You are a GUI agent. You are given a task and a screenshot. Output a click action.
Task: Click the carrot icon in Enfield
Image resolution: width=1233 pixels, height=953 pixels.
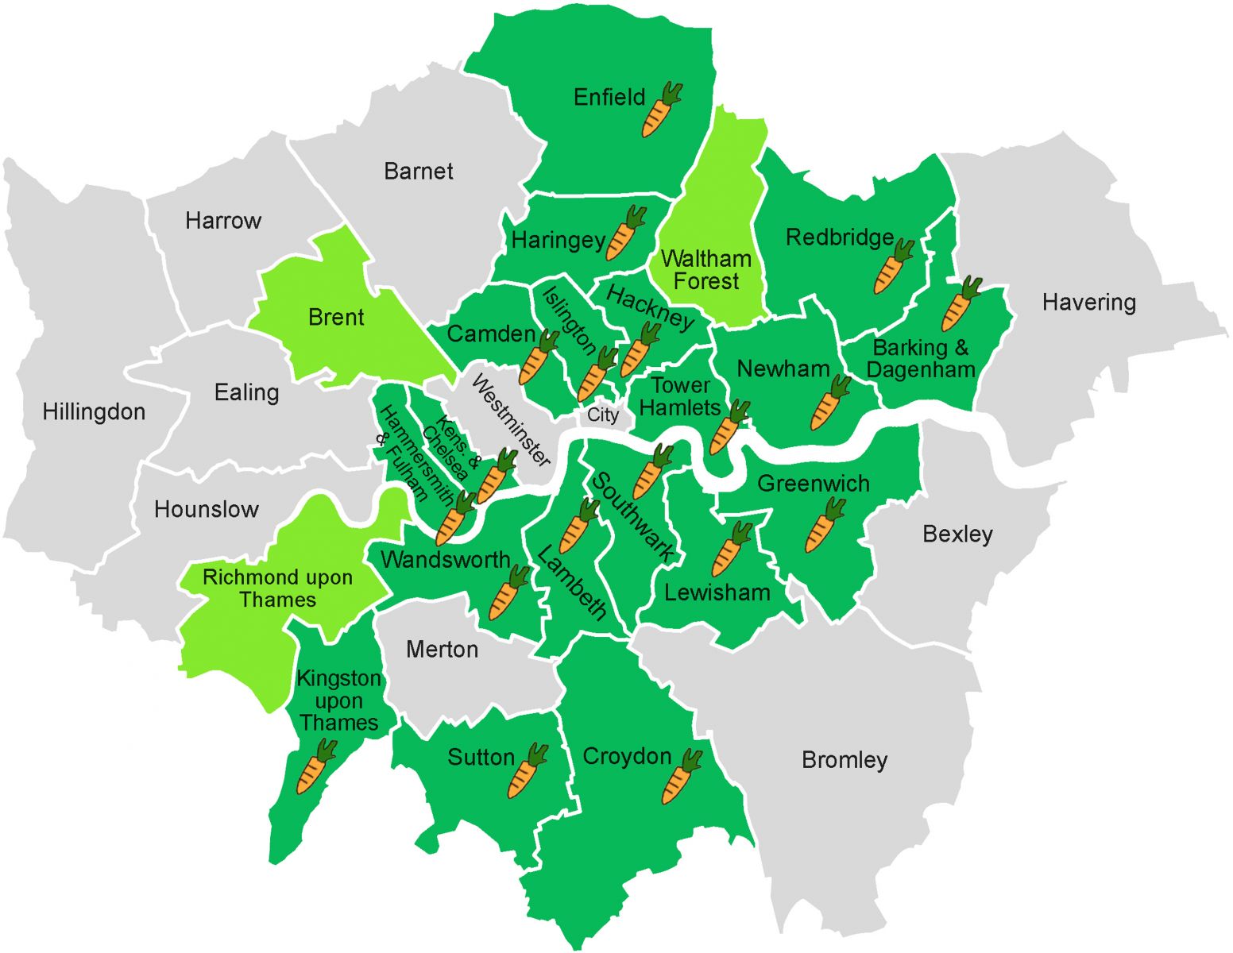click(661, 110)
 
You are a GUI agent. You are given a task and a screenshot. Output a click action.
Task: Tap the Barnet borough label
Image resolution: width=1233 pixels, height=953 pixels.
click(418, 172)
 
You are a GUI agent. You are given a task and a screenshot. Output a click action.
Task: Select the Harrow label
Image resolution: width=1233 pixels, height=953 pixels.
click(223, 221)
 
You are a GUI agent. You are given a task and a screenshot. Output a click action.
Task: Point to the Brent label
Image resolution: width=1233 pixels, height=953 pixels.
click(336, 318)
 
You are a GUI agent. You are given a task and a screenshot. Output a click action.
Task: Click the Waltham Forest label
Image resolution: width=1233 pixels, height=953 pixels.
click(705, 270)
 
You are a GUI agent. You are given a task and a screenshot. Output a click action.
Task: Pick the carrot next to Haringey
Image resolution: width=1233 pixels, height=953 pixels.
click(625, 233)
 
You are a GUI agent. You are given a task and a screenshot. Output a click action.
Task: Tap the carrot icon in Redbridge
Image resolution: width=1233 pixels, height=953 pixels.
click(893, 266)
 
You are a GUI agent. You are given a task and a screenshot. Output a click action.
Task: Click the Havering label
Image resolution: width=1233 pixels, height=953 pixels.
click(1088, 303)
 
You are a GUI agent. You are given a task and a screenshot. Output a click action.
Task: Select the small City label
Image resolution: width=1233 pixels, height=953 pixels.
click(602, 415)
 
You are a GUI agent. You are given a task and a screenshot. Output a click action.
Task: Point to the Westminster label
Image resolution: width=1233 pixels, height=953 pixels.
click(511, 420)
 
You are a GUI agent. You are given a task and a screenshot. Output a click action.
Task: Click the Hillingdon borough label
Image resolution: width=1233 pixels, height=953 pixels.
click(94, 412)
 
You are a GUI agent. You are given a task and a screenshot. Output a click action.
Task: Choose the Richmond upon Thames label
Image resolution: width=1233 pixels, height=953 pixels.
click(277, 588)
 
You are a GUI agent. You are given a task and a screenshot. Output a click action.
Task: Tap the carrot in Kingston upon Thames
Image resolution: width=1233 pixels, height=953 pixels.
click(315, 767)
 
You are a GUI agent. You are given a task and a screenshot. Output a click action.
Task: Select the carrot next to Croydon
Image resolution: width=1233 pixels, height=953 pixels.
click(682, 776)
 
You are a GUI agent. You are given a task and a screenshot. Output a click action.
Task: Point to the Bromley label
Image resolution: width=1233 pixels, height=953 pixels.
click(844, 760)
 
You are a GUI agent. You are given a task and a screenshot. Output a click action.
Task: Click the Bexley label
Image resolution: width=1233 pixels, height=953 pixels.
click(957, 534)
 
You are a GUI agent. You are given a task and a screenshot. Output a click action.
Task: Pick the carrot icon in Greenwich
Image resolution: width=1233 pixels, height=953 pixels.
click(824, 525)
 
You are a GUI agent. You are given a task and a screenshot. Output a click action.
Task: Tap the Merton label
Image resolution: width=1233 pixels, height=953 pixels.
click(442, 650)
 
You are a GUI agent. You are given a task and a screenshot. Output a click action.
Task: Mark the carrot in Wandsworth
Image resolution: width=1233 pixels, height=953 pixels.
click(508, 592)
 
